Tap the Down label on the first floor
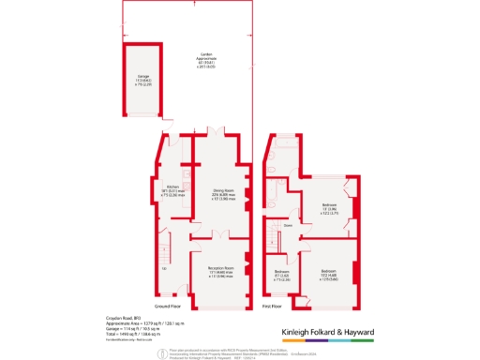289,226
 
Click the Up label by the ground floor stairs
164,269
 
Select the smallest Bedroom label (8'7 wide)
281,274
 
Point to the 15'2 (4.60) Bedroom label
328,274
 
